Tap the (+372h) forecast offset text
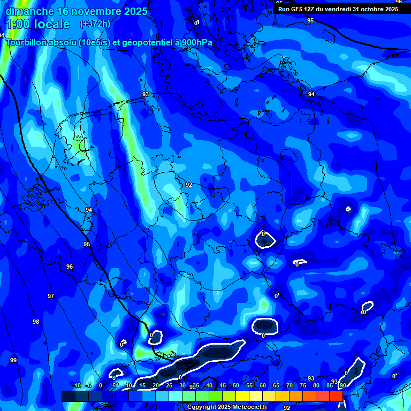95,24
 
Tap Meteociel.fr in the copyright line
248,407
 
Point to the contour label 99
13,360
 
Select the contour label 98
36,322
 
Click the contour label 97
51,296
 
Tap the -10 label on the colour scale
76,386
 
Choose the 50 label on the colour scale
236,386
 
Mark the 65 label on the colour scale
276,386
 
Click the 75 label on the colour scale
303,386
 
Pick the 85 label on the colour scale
330,386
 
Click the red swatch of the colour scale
336,396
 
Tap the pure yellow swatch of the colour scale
242,396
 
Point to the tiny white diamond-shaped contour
348,209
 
